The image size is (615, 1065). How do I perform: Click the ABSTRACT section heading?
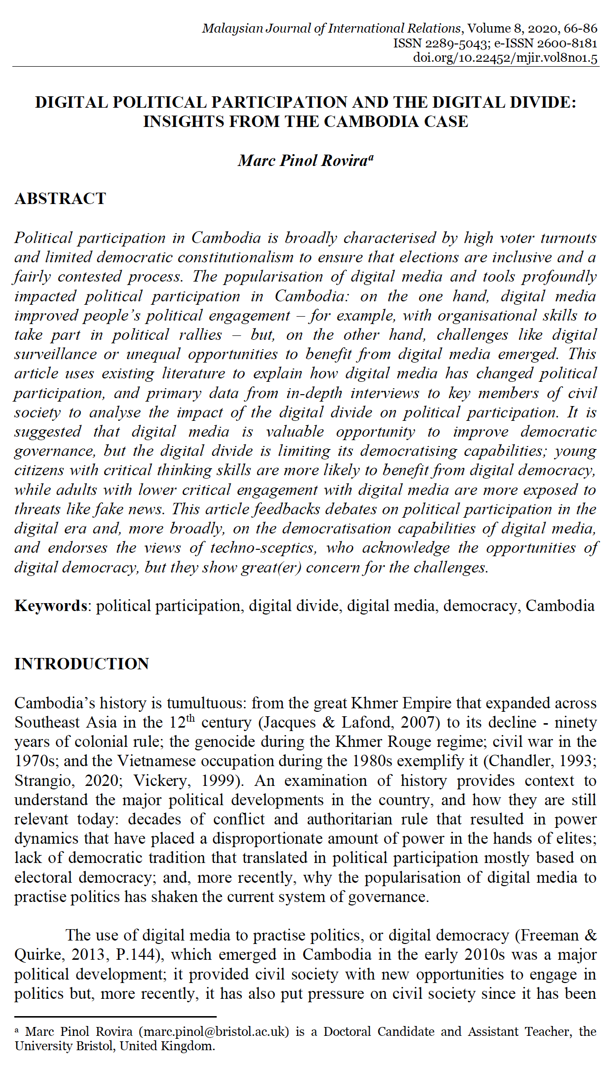coord(60,199)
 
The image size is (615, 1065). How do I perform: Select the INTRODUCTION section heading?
coord(81,663)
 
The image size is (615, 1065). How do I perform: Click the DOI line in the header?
coord(505,58)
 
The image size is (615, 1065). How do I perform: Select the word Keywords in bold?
coord(51,606)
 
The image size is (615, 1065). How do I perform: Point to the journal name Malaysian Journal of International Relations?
coord(332,28)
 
